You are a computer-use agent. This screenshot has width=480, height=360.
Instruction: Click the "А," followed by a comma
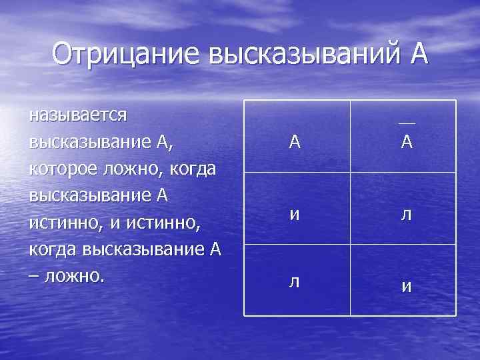pyautogui.click(x=181, y=143)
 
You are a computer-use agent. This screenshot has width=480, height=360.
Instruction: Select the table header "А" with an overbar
pyautogui.click(x=406, y=142)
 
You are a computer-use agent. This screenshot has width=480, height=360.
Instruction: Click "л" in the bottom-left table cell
pyautogui.click(x=294, y=281)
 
